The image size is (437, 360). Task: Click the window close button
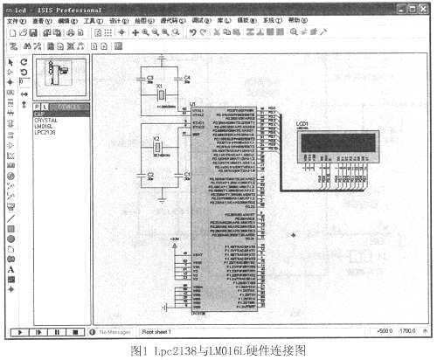coord(424,7)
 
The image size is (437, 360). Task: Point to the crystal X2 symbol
coord(159,148)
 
